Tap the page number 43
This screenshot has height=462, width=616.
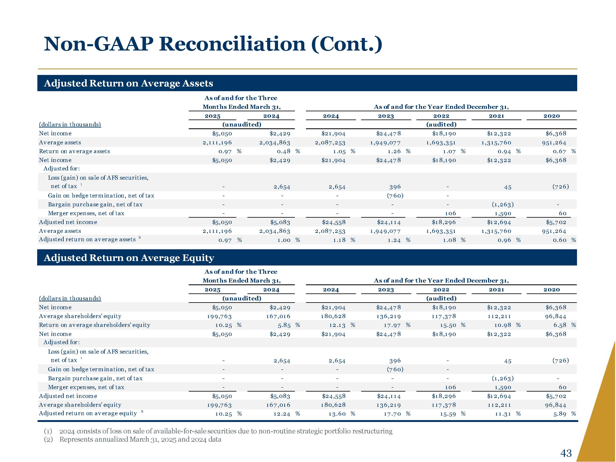pyautogui.click(x=566, y=453)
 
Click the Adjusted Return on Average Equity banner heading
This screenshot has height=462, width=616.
pyautogui.click(x=129, y=258)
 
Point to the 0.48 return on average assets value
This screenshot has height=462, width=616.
pyautogui.click(x=284, y=151)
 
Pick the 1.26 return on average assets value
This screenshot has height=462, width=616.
pyautogui.click(x=394, y=151)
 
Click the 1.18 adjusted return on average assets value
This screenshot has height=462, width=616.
pyautogui.click(x=339, y=240)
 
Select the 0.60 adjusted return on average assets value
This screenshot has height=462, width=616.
pyautogui.click(x=560, y=240)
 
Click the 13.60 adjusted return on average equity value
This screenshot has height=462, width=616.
pyautogui.click(x=337, y=414)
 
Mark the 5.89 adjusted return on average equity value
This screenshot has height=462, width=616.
pyautogui.click(x=560, y=414)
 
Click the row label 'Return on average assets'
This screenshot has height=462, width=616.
pyautogui.click(x=74, y=151)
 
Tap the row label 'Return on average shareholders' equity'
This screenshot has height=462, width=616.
pyautogui.click(x=94, y=325)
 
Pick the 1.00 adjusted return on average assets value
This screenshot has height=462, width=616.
pyautogui.click(x=284, y=240)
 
